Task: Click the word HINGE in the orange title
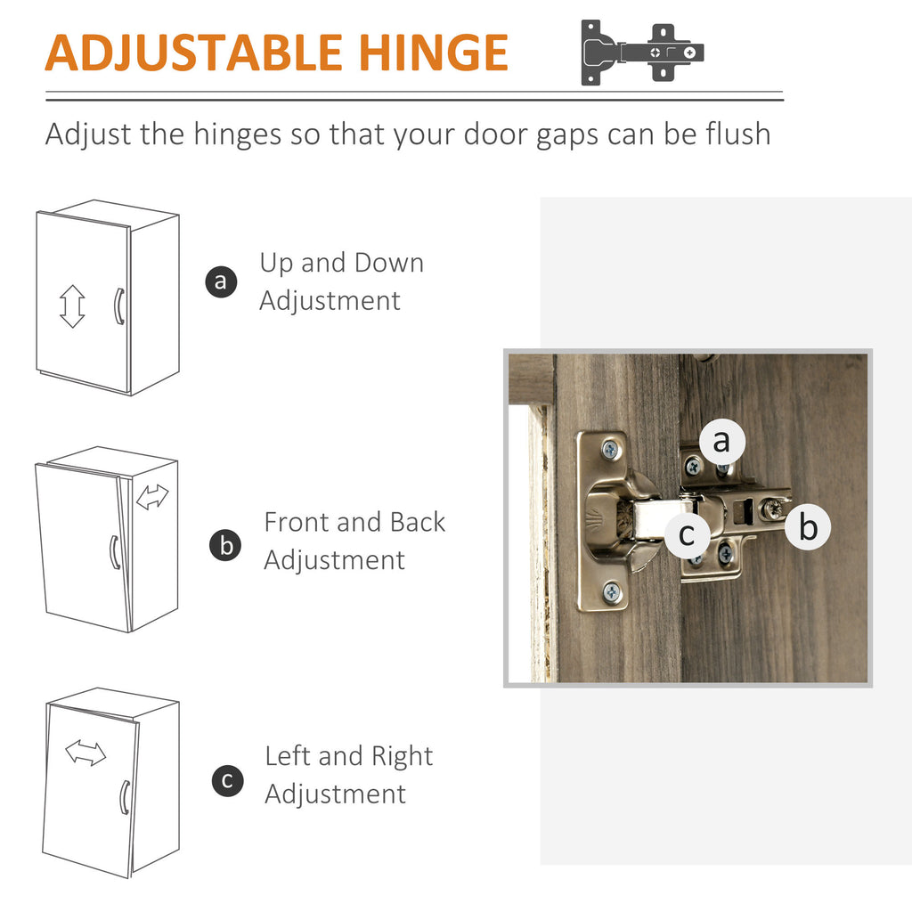434,53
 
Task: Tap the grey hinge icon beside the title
642,53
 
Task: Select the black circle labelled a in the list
221,281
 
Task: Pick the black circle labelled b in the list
225,546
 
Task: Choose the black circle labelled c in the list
227,780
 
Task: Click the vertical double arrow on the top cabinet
72,306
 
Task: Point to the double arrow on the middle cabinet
152,497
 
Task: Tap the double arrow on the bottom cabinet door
85,753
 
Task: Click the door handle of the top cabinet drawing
118,306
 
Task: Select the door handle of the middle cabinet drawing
115,552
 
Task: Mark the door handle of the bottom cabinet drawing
125,797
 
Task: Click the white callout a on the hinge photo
721,442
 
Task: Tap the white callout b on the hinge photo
808,526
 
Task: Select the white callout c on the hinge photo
687,534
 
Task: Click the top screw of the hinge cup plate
610,449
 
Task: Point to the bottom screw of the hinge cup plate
611,592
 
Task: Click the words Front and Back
354,522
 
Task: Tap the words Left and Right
349,756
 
